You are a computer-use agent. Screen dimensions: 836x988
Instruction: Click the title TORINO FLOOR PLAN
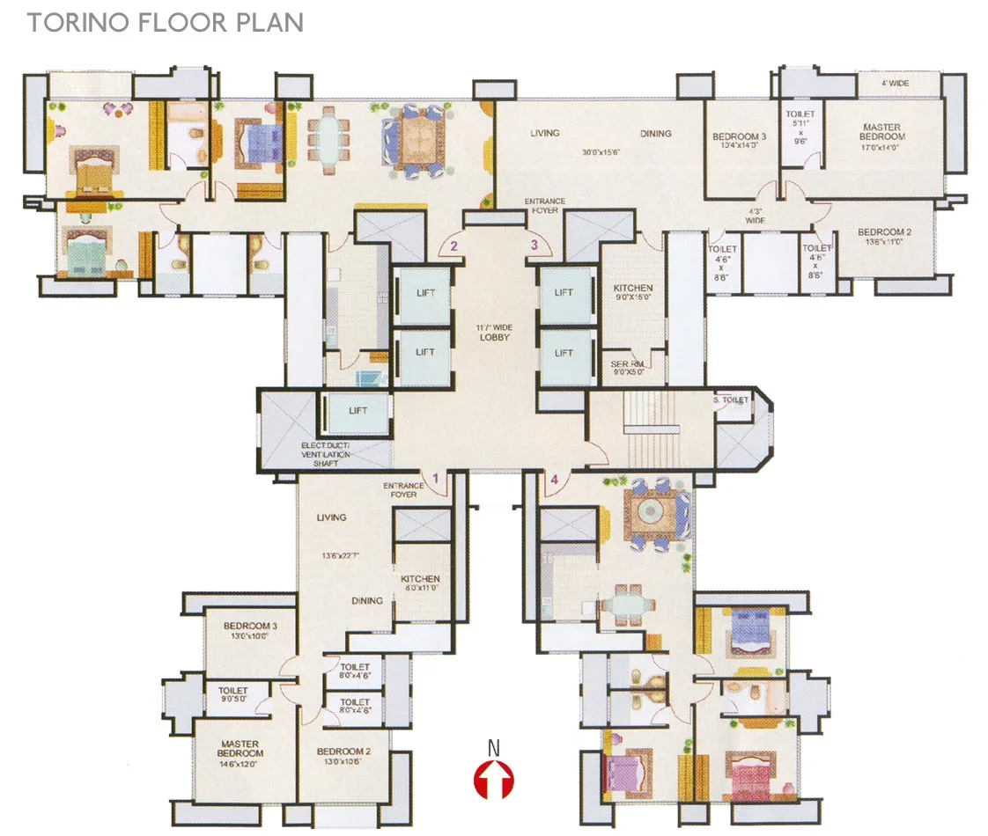[x=165, y=22]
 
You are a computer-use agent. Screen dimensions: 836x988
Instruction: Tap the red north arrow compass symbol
[x=494, y=778]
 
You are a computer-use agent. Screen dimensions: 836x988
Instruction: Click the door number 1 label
[x=433, y=480]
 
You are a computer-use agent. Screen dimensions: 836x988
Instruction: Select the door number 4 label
[x=554, y=480]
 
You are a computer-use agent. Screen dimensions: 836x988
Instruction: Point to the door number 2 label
[x=453, y=246]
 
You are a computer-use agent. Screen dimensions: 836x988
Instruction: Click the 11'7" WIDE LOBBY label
[x=496, y=332]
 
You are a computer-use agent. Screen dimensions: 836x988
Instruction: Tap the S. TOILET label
[x=730, y=400]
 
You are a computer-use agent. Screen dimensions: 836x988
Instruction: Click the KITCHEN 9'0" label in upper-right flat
[x=632, y=292]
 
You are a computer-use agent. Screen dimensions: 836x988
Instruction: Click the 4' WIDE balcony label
[x=896, y=84]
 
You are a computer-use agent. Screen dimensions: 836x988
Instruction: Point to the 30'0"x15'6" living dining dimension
[x=601, y=151]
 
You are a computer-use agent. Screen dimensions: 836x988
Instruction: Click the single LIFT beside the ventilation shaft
[x=358, y=410]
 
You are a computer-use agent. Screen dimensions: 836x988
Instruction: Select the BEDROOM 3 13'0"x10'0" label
[x=250, y=630]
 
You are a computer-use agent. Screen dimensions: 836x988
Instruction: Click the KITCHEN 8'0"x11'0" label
[x=420, y=583]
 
